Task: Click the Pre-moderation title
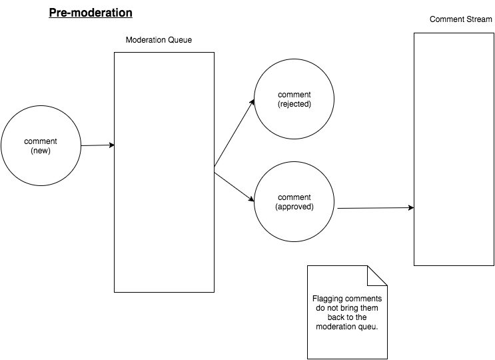pyautogui.click(x=91, y=13)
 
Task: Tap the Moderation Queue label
pyautogui.click(x=159, y=40)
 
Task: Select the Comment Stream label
pyautogui.click(x=461, y=19)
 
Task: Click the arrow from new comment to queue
pyautogui.click(x=97, y=145)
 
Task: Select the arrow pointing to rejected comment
pyautogui.click(x=235, y=133)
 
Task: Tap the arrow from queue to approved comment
pyautogui.click(x=235, y=187)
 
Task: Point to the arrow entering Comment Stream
pyautogui.click(x=376, y=208)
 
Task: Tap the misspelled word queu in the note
pyautogui.click(x=368, y=327)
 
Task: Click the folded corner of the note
pyautogui.click(x=377, y=276)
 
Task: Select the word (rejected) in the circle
pyautogui.click(x=294, y=104)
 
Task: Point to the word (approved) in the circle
pyautogui.click(x=294, y=207)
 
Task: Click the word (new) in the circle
pyautogui.click(x=41, y=151)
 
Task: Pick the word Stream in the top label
pyautogui.click(x=480, y=19)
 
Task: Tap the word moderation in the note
pyautogui.click(x=336, y=327)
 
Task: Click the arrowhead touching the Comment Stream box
pyautogui.click(x=411, y=208)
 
